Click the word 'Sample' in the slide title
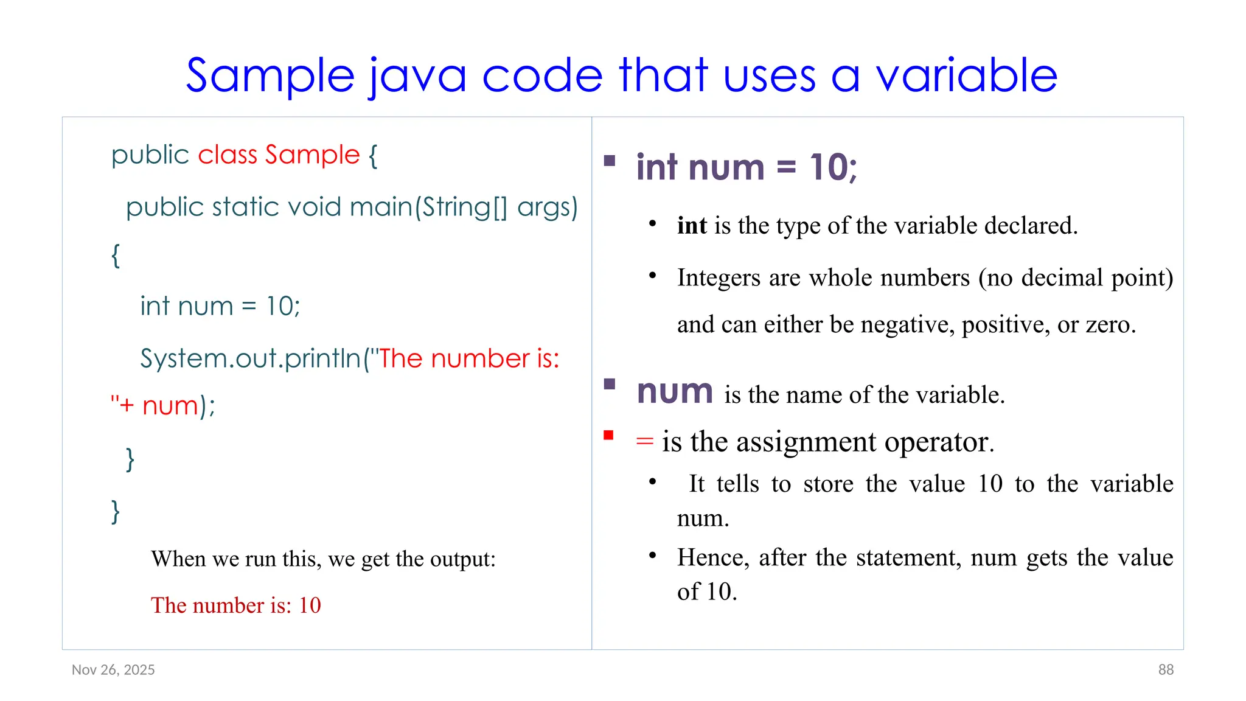click(270, 77)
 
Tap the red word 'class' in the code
click(228, 155)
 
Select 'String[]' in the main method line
click(464, 208)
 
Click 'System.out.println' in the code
click(251, 358)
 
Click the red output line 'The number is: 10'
click(235, 605)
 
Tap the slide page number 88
click(1166, 670)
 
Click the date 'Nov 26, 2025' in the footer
click(113, 670)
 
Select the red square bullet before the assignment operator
click(608, 435)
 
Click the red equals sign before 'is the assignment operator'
click(644, 441)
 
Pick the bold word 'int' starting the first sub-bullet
click(692, 226)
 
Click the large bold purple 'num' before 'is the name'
click(675, 392)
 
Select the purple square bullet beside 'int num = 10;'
click(610, 161)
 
